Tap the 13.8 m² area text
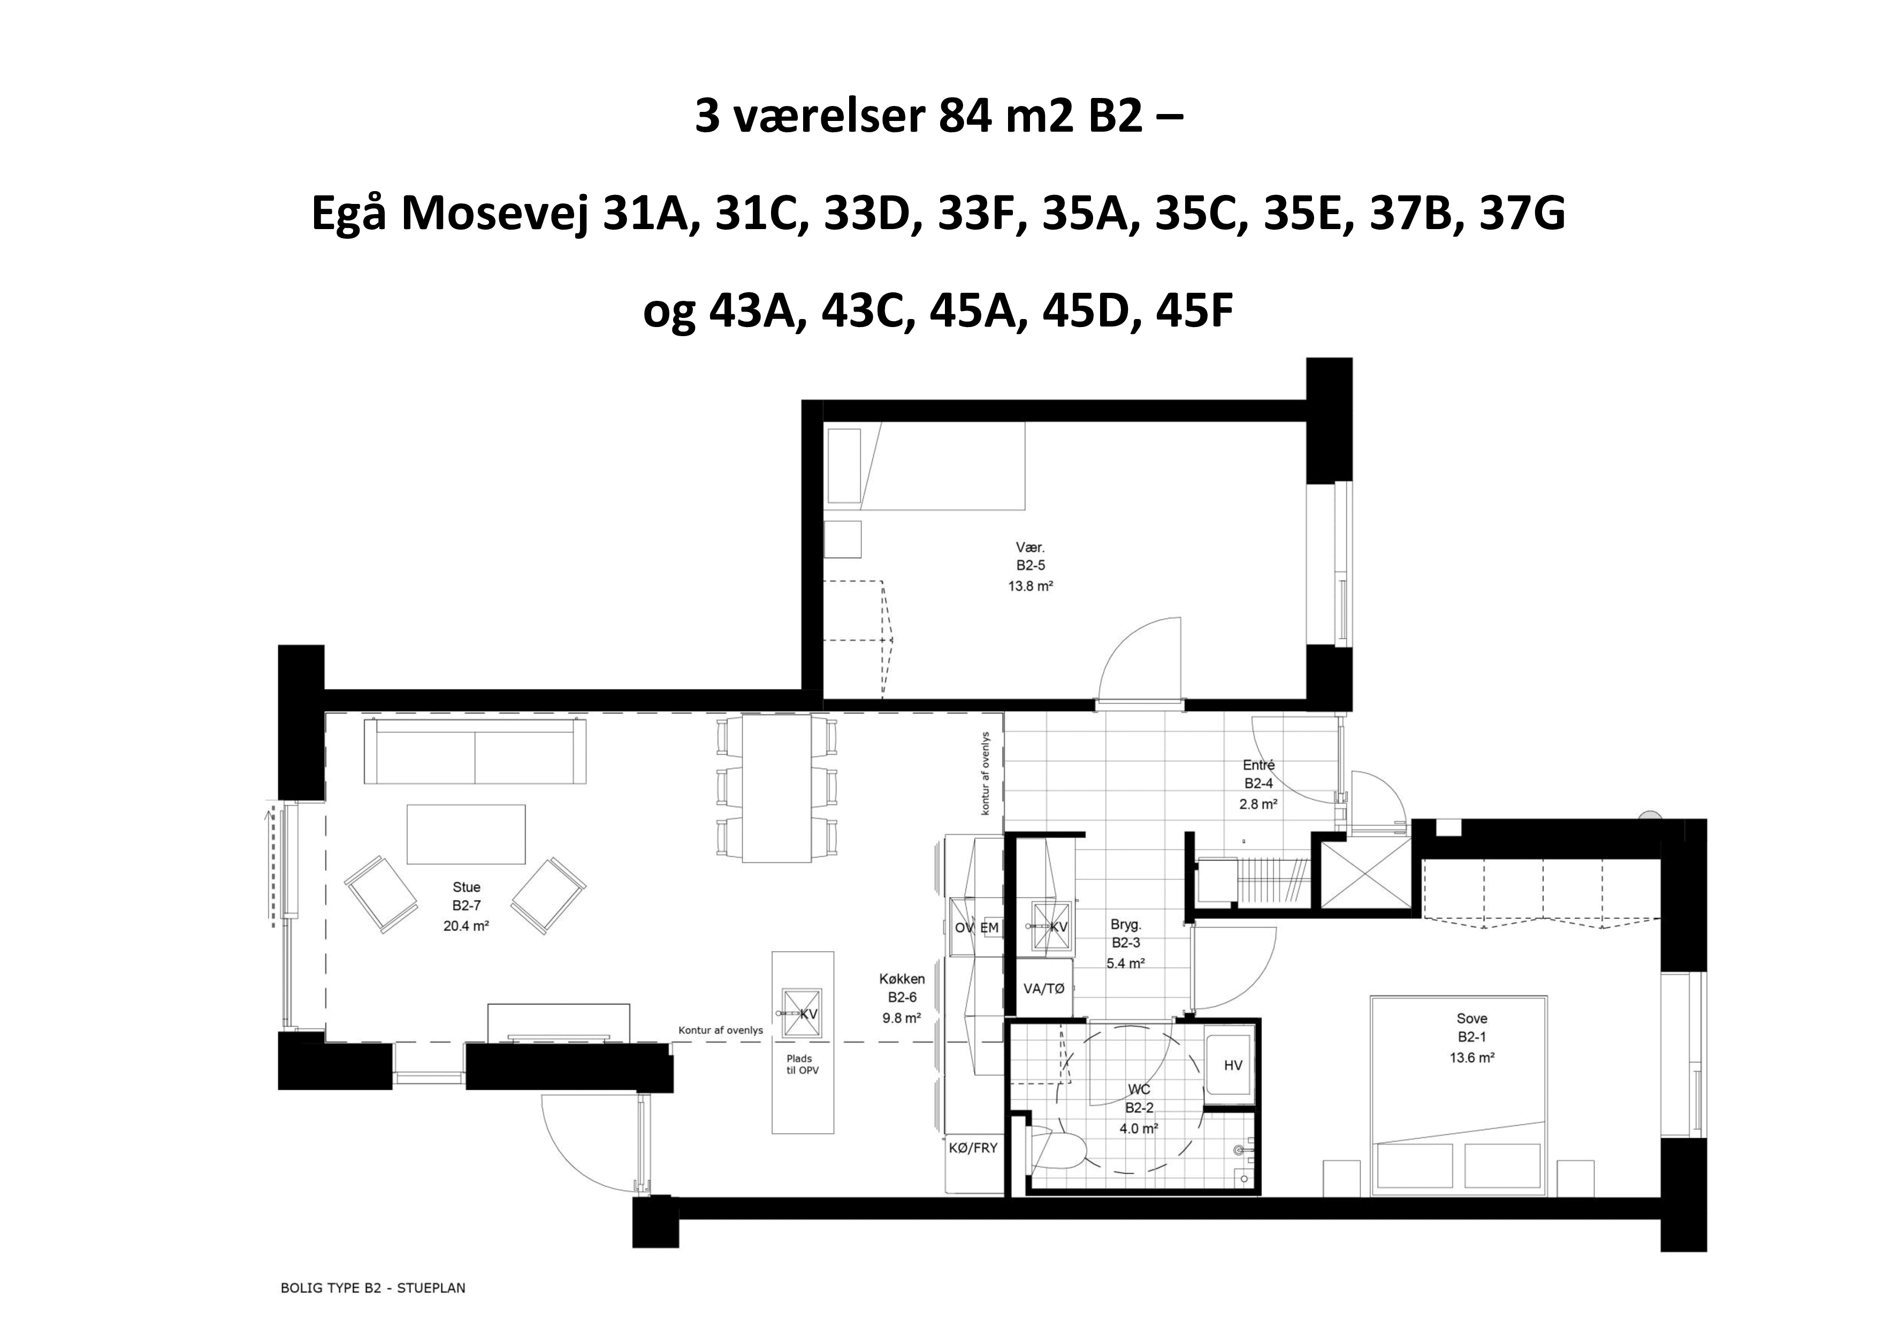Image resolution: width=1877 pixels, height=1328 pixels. pyautogui.click(x=1030, y=586)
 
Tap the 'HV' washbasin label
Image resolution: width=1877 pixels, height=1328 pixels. pyautogui.click(x=1233, y=1066)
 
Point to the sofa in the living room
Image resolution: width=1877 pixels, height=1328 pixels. pyautogui.click(x=475, y=752)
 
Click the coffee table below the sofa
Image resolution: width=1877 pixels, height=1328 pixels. pyautogui.click(x=466, y=834)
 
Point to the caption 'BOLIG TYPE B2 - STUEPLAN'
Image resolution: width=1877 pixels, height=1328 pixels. pyautogui.click(x=373, y=1288)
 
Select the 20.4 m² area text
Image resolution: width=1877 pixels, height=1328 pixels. pyautogui.click(x=466, y=927)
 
